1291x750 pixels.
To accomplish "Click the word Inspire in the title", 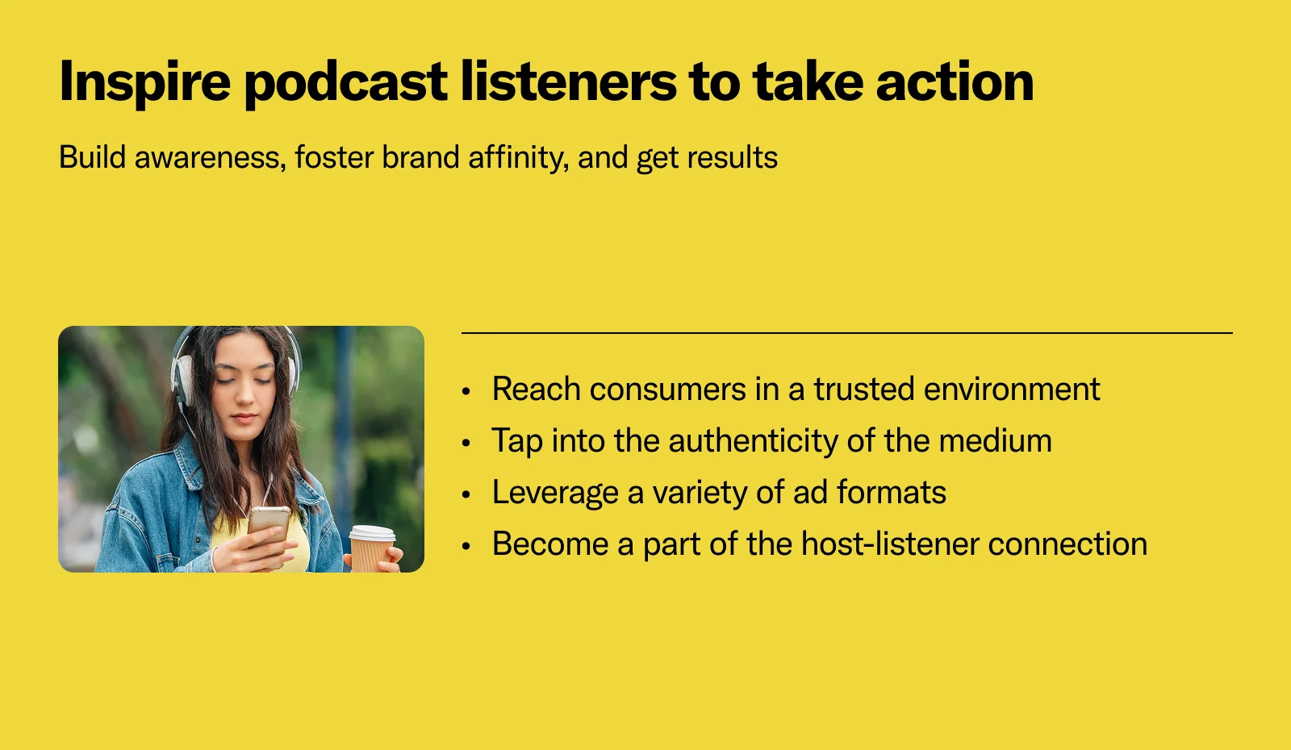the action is click(144, 83).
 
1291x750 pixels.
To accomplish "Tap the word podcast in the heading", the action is click(346, 83).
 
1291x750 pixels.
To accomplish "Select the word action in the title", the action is click(955, 81).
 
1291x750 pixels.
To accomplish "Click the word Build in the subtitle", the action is click(92, 156).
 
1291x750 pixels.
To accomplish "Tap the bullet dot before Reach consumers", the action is click(466, 392).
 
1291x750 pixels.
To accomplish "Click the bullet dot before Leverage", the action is click(466, 495).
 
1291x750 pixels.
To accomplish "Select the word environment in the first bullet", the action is click(1012, 389).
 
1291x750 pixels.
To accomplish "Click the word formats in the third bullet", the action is click(891, 493).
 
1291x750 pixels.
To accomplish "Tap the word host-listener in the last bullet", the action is click(890, 544).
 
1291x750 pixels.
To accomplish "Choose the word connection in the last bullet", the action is click(1067, 544).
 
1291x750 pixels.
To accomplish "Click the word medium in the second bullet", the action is click(996, 440).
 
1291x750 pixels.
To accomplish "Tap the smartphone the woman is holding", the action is click(269, 527).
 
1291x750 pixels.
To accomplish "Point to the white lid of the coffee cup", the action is click(372, 533).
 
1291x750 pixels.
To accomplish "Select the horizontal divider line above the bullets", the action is click(847, 332).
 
